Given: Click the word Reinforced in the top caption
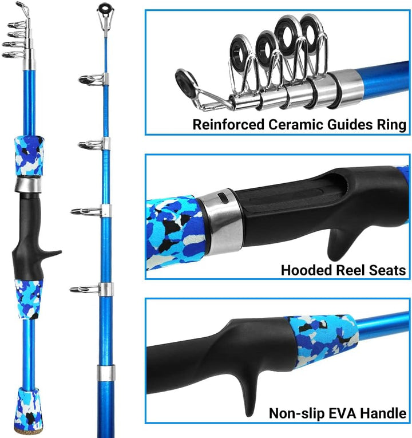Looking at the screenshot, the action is [x=228, y=125].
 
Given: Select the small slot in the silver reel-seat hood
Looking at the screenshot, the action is [x=222, y=197].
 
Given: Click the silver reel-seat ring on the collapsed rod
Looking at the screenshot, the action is [x=28, y=184].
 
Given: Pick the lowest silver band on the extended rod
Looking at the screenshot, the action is [x=106, y=373].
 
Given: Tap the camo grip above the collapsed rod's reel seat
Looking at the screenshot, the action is [x=29, y=156].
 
